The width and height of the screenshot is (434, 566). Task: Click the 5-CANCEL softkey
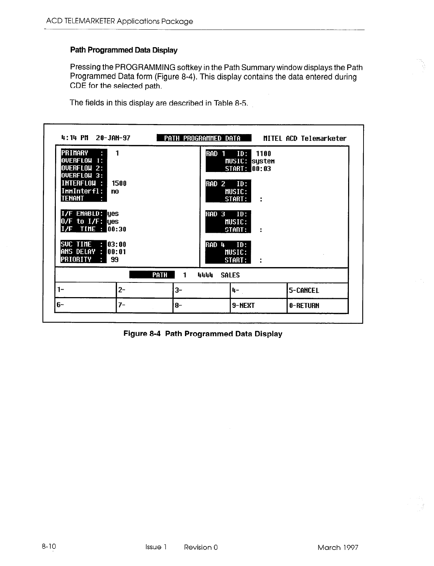[304, 290]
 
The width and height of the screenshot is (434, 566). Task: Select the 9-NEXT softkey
[243, 306]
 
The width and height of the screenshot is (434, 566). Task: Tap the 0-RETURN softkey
[304, 306]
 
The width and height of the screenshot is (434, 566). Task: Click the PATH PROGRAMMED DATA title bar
[204, 138]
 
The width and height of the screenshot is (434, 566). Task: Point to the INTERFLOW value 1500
[119, 183]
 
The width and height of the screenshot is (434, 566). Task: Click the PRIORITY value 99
[114, 260]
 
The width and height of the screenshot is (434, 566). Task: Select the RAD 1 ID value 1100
[264, 154]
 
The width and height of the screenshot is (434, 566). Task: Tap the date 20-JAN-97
[113, 138]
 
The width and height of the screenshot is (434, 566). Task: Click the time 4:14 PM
[75, 138]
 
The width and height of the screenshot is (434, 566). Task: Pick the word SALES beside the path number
[230, 275]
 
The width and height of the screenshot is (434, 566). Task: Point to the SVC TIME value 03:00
[117, 245]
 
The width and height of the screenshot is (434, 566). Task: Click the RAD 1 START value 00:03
[262, 169]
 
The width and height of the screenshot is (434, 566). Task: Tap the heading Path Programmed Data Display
[124, 50]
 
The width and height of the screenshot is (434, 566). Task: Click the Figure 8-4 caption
[203, 334]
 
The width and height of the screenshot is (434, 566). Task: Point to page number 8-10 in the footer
[49, 547]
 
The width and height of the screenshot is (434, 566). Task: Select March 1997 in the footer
[337, 547]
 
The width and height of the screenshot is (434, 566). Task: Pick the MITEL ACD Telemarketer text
[305, 138]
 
